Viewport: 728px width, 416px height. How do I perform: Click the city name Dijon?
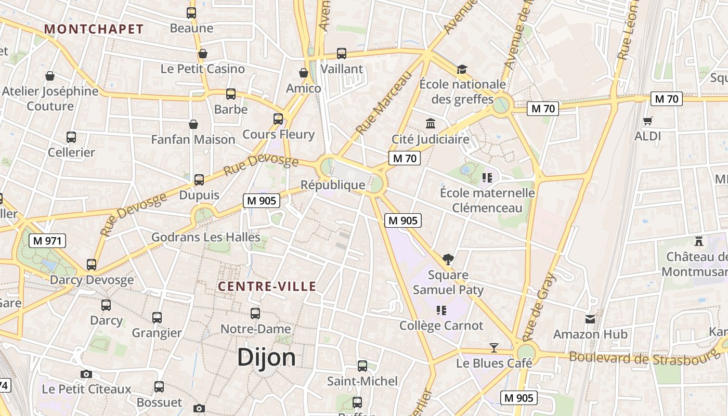coord(266,358)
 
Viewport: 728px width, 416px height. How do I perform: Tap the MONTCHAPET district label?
coord(94,29)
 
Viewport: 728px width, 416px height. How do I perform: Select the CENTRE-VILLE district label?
coord(267,286)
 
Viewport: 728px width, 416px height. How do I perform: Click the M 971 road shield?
coord(47,241)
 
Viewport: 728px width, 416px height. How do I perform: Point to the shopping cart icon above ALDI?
coord(647,121)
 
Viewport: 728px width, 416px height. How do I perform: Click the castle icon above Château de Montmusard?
coord(698,241)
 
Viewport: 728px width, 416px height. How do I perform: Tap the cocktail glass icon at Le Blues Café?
coord(493,347)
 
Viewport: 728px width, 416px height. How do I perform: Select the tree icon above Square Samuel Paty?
coord(448,259)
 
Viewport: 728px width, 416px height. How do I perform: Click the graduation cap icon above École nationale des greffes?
coord(462,69)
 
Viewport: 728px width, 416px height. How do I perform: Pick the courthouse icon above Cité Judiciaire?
coord(431,124)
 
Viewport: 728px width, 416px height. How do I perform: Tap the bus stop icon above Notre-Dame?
coord(255,314)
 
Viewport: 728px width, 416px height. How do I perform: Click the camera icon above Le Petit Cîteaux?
coord(86,374)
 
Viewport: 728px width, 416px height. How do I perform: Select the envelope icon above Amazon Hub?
coord(590,319)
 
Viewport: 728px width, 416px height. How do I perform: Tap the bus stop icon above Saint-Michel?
coord(362,366)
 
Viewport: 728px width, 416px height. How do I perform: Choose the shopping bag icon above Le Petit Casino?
coord(203,54)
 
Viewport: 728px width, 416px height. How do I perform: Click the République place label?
coord(333,185)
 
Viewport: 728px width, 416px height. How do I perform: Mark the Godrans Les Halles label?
coord(205,237)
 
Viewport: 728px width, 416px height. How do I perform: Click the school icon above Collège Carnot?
coord(441,310)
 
